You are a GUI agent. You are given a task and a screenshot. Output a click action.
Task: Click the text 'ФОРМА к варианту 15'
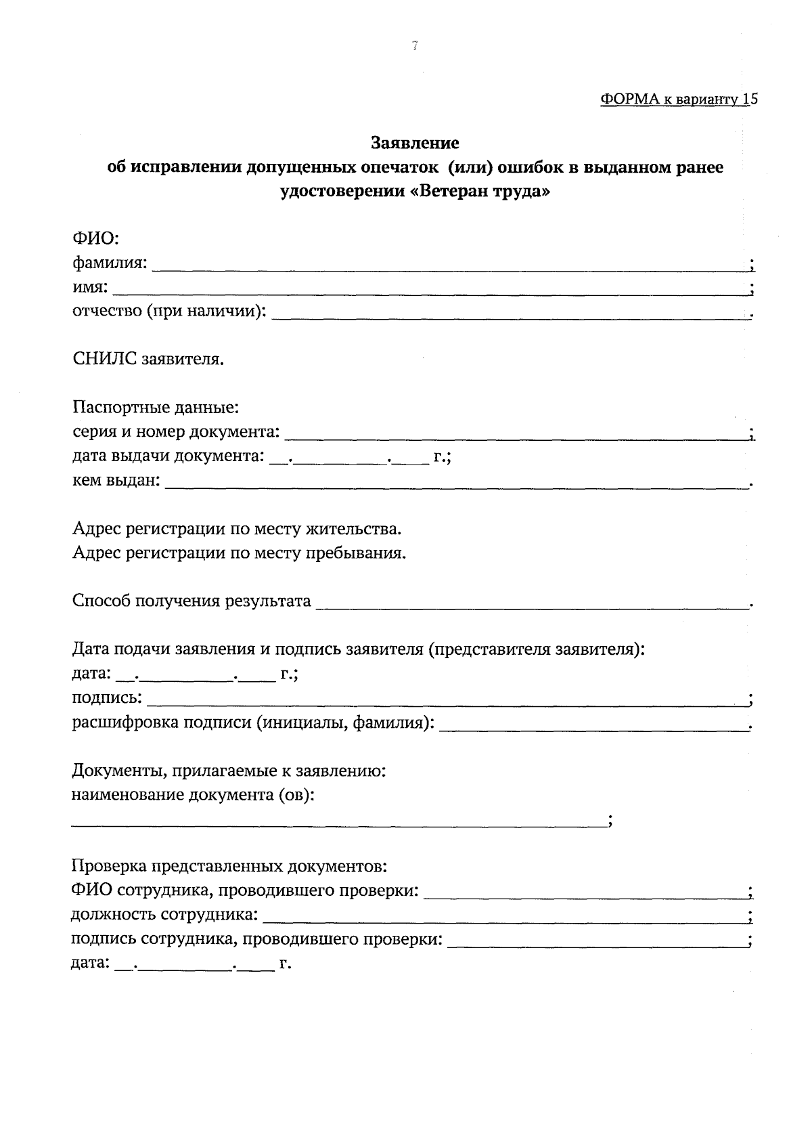click(678, 99)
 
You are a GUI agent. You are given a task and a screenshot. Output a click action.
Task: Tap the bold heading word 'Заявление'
click(415, 143)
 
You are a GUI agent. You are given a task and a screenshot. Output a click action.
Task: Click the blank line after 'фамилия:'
click(447, 267)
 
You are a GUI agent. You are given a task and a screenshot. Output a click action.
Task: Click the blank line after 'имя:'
click(430, 292)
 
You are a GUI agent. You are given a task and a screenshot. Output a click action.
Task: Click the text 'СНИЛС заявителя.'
click(148, 359)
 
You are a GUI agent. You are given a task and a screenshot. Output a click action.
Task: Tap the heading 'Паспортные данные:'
click(156, 408)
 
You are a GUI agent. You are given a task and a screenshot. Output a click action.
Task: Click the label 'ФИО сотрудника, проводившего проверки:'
click(244, 890)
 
